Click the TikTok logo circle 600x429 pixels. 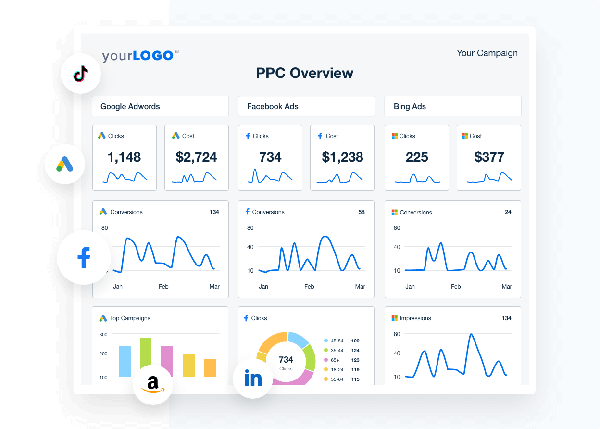tap(80, 74)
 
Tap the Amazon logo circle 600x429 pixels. tap(153, 384)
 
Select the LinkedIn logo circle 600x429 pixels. tap(253, 379)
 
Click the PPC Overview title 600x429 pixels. tap(304, 73)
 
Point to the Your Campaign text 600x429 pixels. tap(487, 53)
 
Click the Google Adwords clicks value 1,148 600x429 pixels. tap(124, 157)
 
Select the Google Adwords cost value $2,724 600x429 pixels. tap(196, 157)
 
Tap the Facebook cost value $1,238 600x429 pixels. tap(342, 157)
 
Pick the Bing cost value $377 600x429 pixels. tap(488, 157)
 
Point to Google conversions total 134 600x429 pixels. tap(214, 212)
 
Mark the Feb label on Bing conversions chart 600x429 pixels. tap(455, 287)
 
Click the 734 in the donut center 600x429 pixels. tap(286, 360)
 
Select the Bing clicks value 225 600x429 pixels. tap(416, 157)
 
